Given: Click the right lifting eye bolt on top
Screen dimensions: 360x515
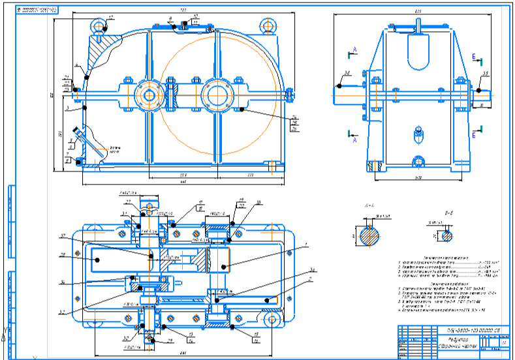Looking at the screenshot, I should tap(267, 25).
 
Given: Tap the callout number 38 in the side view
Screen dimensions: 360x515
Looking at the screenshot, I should tap(349, 72).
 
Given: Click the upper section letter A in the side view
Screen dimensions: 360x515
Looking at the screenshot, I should tap(354, 50).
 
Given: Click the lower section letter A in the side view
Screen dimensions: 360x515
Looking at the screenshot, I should tap(354, 139).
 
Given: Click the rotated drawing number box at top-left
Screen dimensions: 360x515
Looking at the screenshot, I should tap(36, 11).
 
